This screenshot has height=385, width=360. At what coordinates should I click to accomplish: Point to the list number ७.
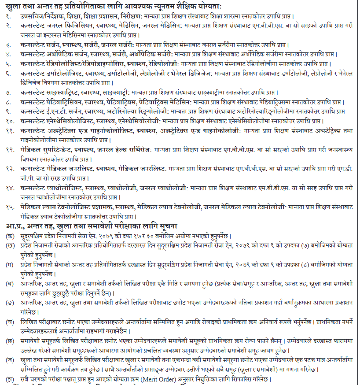[9, 93]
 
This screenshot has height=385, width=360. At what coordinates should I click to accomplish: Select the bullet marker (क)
[9, 237]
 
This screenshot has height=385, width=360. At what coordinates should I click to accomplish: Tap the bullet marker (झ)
[9, 379]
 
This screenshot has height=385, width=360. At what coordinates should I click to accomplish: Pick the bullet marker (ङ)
[9, 303]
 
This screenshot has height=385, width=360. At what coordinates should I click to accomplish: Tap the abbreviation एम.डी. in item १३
[346, 169]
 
